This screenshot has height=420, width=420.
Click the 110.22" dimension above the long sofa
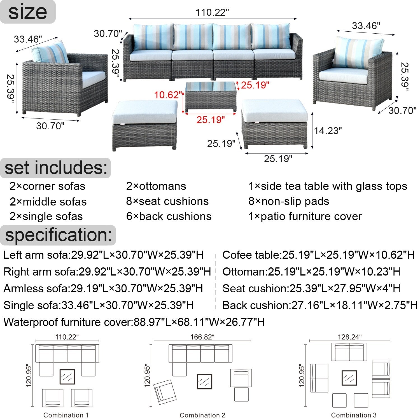point(212,13)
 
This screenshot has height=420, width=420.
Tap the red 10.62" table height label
point(168,95)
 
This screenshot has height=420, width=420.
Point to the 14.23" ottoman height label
point(328,131)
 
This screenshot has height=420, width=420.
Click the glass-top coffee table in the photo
point(210,96)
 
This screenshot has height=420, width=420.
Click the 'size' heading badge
point(28,12)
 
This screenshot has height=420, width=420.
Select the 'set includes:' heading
point(56,168)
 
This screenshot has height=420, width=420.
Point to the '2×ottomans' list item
point(156,186)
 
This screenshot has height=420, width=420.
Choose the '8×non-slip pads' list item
point(289,201)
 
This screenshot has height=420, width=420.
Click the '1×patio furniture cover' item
point(305,216)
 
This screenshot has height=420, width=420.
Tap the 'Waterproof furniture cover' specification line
point(134,322)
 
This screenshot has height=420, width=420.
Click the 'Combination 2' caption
point(202,415)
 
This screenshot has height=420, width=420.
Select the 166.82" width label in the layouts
point(202,337)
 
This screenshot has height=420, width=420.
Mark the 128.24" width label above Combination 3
point(349,337)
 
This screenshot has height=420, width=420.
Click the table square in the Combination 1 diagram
point(67,377)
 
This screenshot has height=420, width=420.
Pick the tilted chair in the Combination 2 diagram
point(165,392)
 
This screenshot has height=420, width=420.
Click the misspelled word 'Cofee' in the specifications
point(235,255)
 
